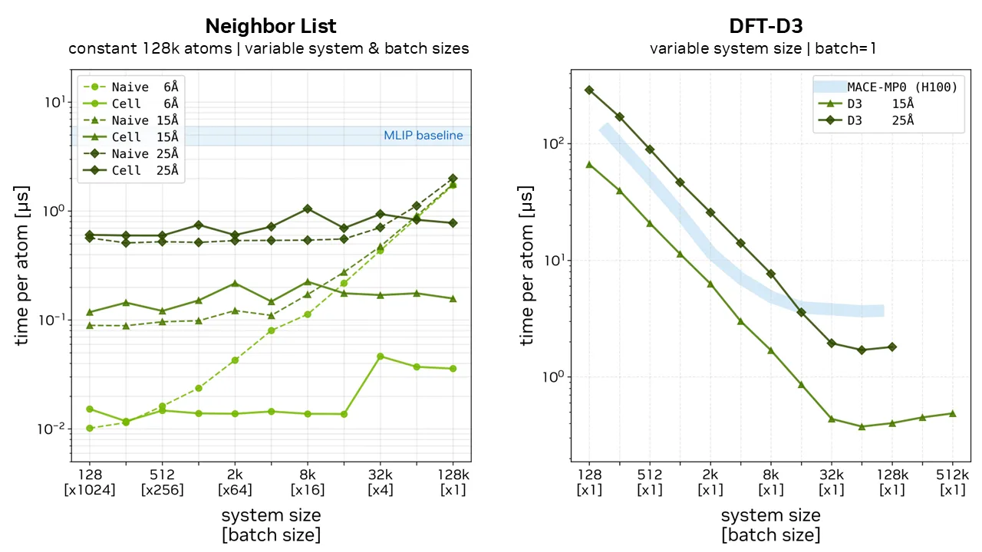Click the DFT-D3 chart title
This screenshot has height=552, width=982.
pyautogui.click(x=766, y=26)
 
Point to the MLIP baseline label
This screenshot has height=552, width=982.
pyautogui.click(x=423, y=136)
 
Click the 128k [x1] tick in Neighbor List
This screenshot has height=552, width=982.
pyautogui.click(x=453, y=482)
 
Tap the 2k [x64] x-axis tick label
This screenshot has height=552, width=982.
pyautogui.click(x=235, y=482)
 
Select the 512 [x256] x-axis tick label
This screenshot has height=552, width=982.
pyautogui.click(x=163, y=482)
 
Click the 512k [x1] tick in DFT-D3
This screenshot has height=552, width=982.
pyautogui.click(x=953, y=482)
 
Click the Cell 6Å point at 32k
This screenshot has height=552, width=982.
pyautogui.click(x=381, y=356)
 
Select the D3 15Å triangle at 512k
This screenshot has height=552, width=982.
pyautogui.click(x=953, y=413)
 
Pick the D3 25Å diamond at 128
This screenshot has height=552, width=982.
pyautogui.click(x=589, y=90)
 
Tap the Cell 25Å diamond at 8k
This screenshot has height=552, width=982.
pyautogui.click(x=308, y=209)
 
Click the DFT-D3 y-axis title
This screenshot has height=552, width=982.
pyautogui.click(x=527, y=265)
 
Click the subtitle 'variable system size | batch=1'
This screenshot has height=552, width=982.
pyautogui.click(x=763, y=48)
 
